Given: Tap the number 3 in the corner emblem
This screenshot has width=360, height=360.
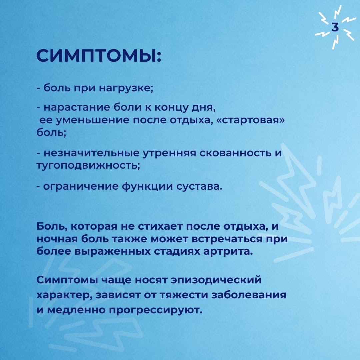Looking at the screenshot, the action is tap(335, 27).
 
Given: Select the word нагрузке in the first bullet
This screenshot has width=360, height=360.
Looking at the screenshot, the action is tap(126, 88).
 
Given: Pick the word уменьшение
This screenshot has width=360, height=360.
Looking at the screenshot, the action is tap(93, 120).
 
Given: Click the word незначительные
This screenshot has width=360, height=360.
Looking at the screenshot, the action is tap(91, 153).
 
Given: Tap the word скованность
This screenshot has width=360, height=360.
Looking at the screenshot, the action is tap(235, 153).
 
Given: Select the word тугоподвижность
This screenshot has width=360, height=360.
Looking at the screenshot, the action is tap(88, 166).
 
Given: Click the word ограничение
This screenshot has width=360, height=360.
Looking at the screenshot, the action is tap(81, 186).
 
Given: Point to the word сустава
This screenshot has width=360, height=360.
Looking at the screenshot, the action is tap(199, 186).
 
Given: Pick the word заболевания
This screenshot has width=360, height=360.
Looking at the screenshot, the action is tap(249, 295).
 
